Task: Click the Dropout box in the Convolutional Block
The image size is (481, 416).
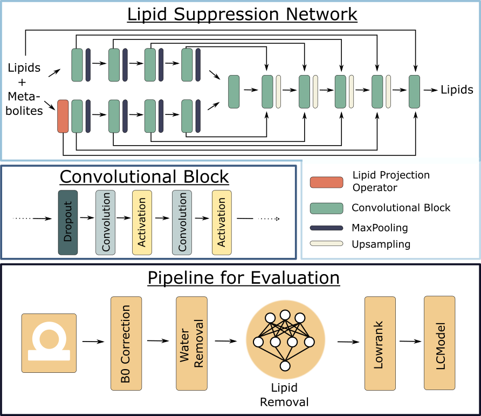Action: click(68, 223)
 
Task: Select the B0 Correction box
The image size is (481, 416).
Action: click(126, 343)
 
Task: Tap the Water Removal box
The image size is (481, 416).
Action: click(192, 343)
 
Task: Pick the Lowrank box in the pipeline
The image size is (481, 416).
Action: click(380, 343)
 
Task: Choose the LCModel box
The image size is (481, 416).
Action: click(439, 343)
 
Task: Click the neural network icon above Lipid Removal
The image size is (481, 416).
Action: click(285, 339)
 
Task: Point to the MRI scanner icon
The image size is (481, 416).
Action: click(49, 343)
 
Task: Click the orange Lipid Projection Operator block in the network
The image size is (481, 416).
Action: click(63, 116)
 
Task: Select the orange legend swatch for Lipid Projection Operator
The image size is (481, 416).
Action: click(326, 182)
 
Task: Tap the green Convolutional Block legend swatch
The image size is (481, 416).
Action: click(326, 208)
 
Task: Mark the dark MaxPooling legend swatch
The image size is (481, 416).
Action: click(326, 228)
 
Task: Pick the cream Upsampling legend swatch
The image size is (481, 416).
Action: click(326, 243)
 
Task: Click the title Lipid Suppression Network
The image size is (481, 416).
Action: click(242, 14)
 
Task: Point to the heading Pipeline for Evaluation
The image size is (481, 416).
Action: click(244, 278)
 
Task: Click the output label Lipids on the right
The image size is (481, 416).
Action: click(457, 90)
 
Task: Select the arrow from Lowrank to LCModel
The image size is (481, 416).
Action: click(410, 341)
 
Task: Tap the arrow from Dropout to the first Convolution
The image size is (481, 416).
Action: click(87, 217)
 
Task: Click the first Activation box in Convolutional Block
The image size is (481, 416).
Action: click(142, 223)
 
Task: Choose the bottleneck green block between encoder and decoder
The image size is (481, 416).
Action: click(233, 92)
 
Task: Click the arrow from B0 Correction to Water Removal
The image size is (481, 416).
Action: click(158, 340)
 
